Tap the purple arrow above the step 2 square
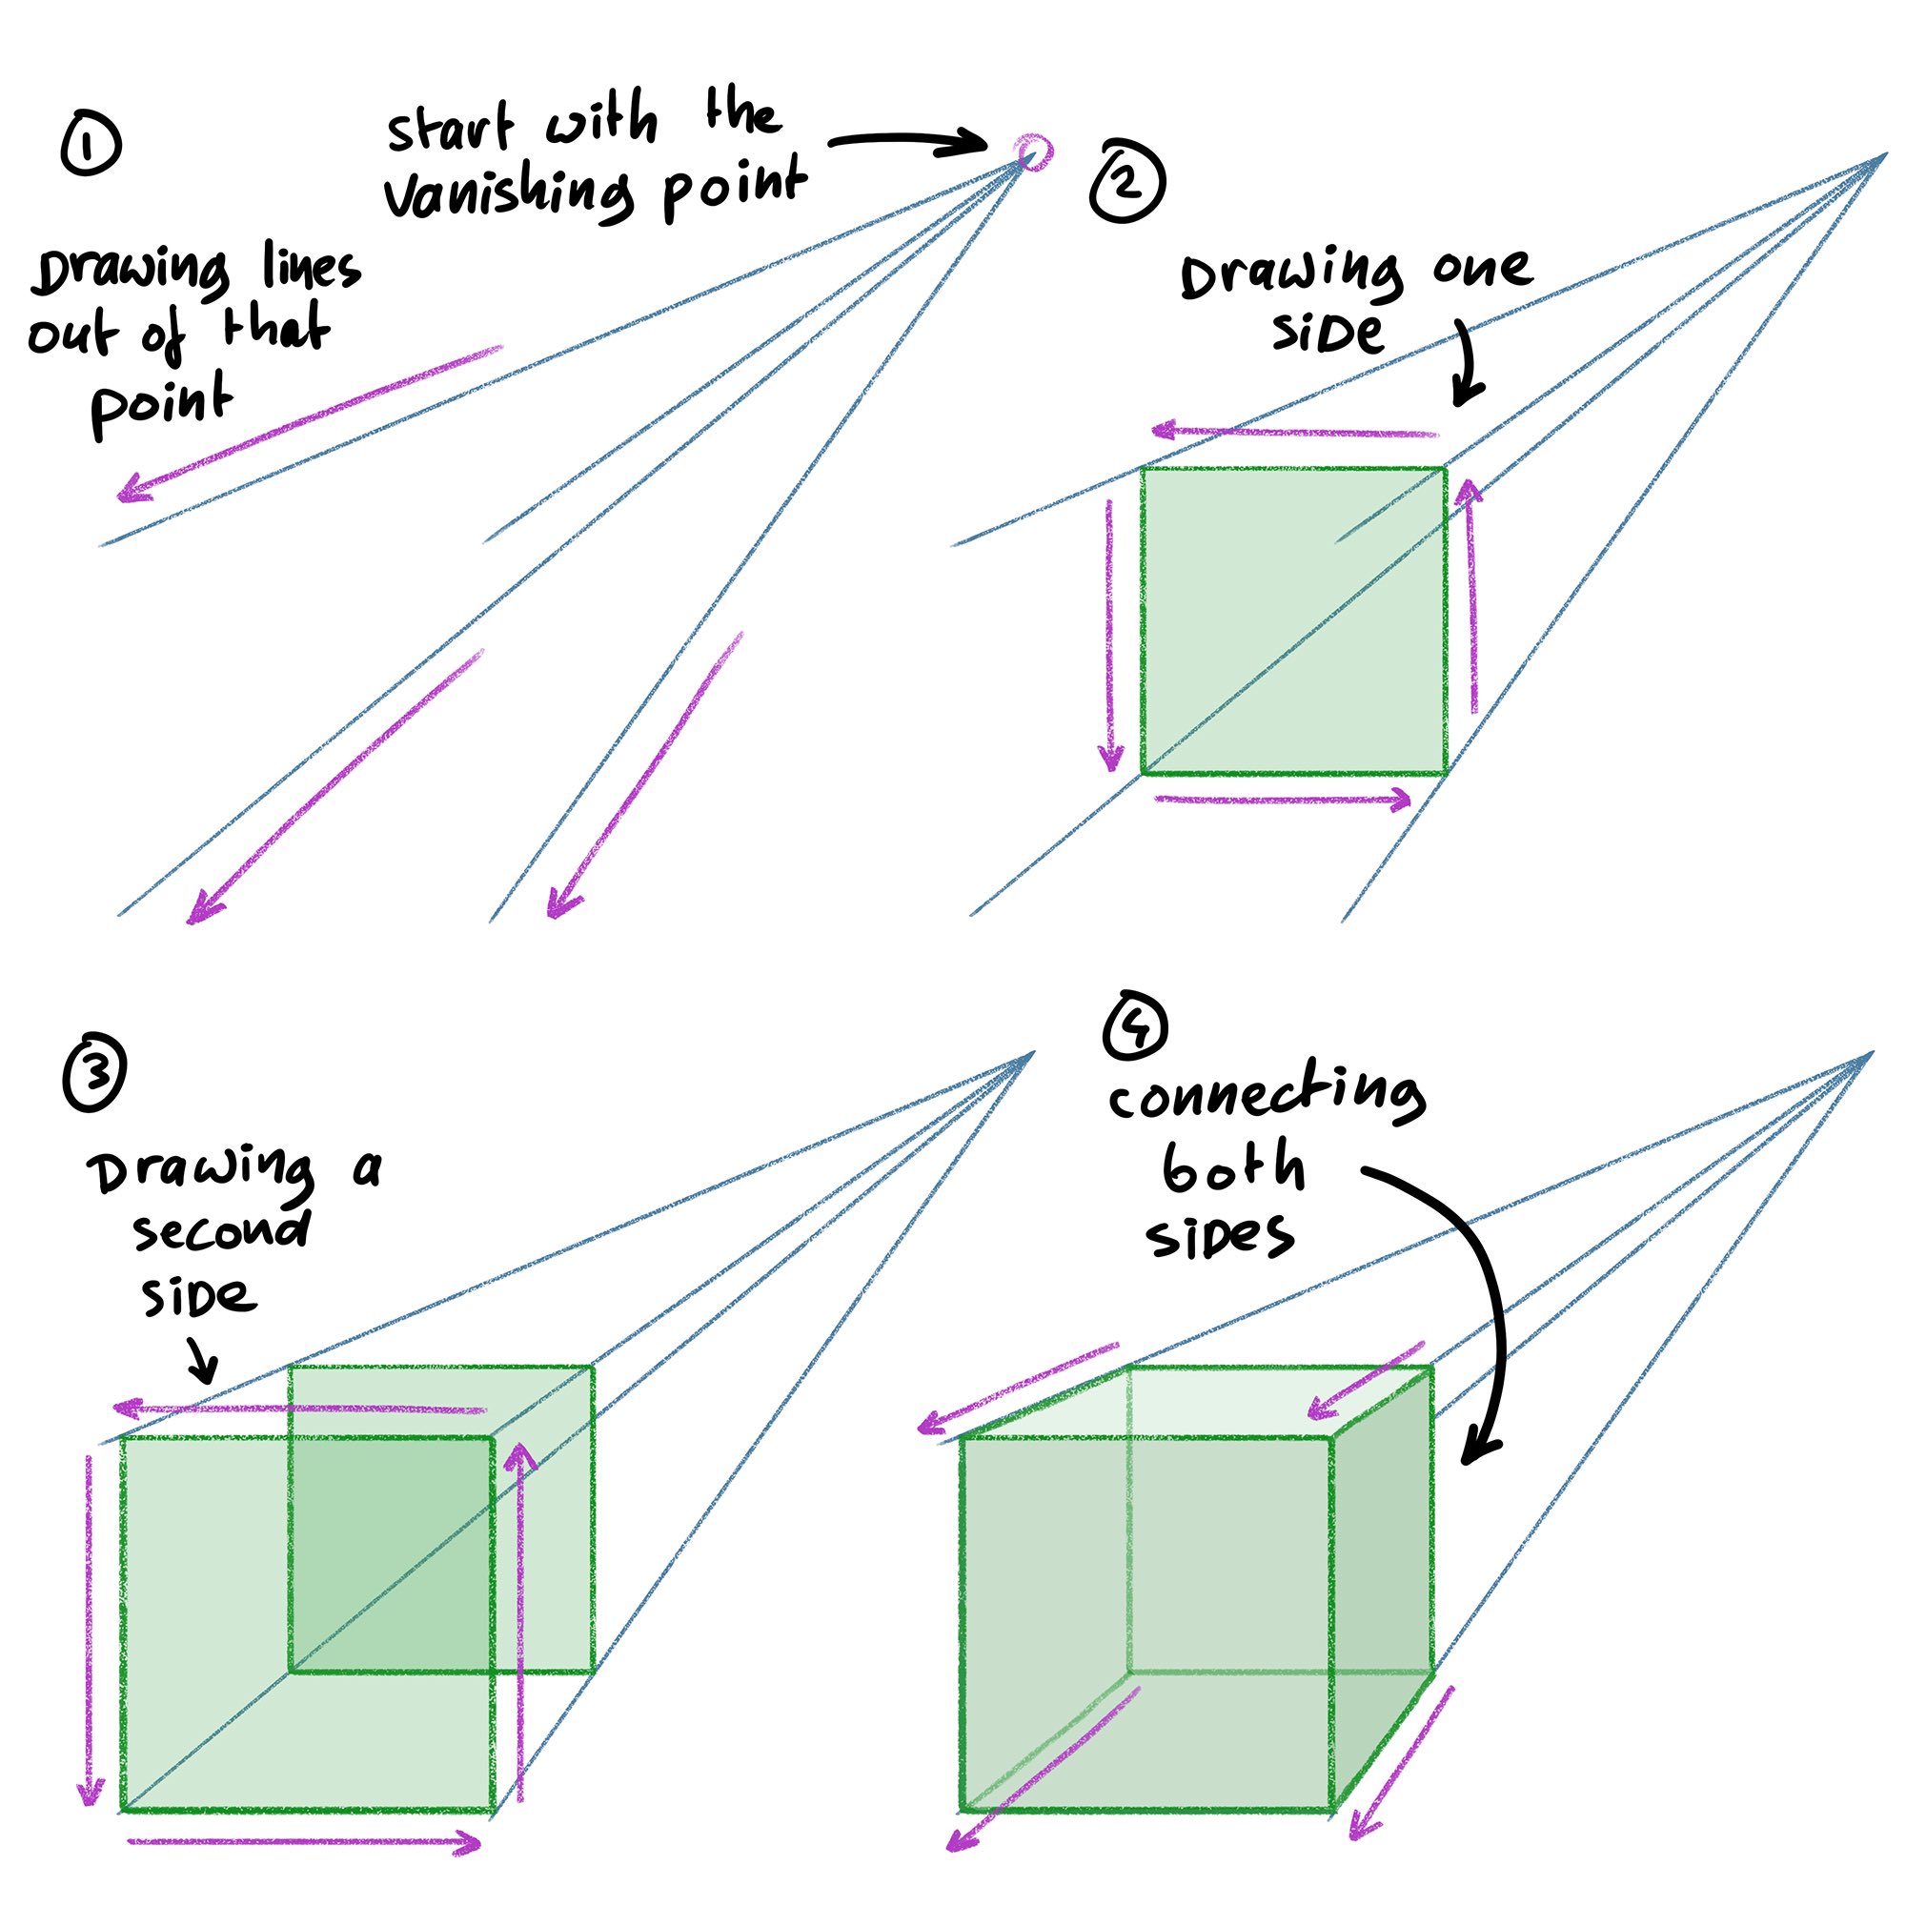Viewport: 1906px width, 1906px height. [x=1293, y=431]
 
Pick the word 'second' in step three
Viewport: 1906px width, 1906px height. [x=221, y=1232]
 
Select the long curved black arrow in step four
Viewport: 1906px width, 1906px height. [x=1485, y=1302]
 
